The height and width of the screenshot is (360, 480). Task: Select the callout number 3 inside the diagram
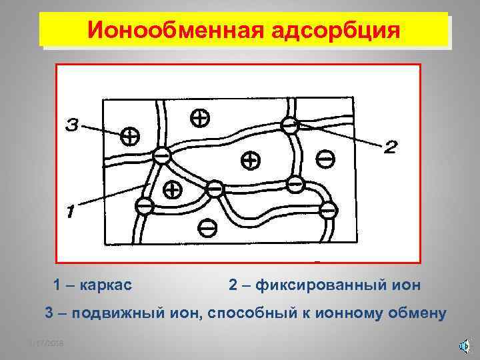tap(73, 125)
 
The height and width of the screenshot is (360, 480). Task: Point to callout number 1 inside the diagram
tap(69, 212)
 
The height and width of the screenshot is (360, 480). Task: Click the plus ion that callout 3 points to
tap(130, 137)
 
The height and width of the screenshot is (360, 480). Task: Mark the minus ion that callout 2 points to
tap(289, 124)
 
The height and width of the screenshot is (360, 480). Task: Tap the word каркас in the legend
tap(105, 285)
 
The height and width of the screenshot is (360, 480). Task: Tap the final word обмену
tap(424, 313)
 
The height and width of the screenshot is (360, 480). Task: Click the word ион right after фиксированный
tap(407, 285)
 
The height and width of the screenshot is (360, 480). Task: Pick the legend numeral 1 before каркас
tap(57, 285)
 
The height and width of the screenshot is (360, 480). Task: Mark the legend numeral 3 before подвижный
tap(48, 313)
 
